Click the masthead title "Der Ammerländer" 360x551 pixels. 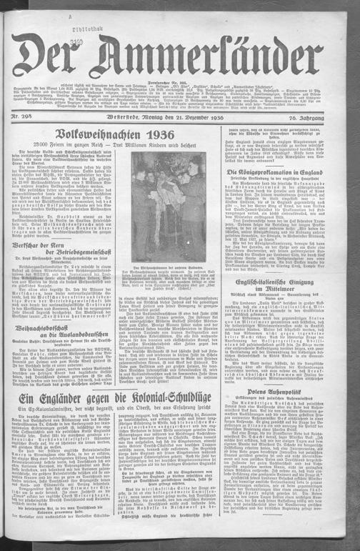tap(180, 55)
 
